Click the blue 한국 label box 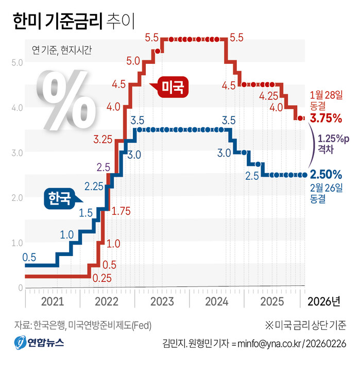(x=59, y=199)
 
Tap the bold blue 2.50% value (x=325, y=174)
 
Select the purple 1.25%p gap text (x=333, y=139)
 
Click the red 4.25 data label (x=269, y=96)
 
